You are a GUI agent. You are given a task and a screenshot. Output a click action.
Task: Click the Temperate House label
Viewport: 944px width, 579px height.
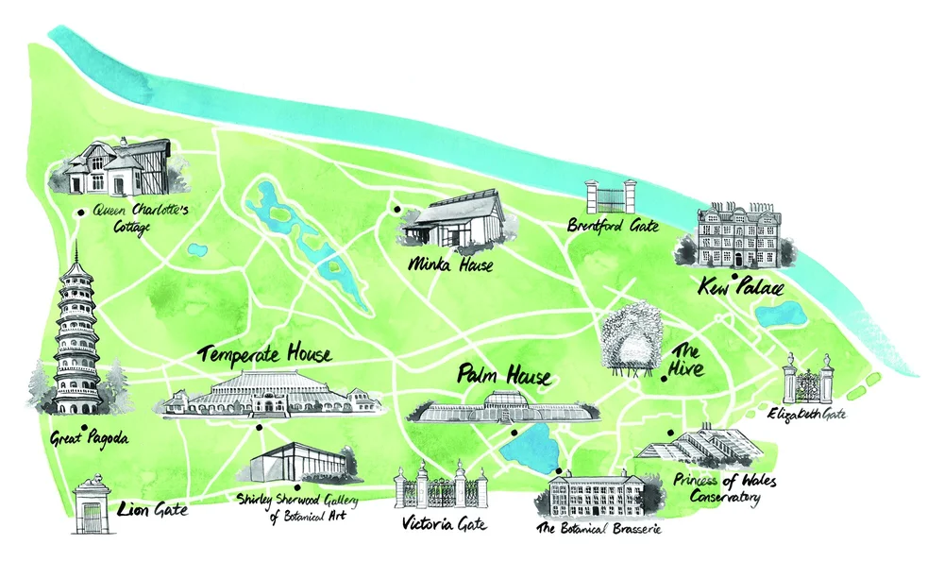265,356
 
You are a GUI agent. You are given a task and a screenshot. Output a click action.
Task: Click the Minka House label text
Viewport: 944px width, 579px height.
451,265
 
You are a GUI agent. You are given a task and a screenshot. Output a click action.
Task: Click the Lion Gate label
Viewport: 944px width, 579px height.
153,510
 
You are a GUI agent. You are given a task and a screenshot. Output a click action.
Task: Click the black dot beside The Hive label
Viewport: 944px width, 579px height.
665,379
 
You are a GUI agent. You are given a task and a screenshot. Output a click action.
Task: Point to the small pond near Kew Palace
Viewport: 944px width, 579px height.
780,314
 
